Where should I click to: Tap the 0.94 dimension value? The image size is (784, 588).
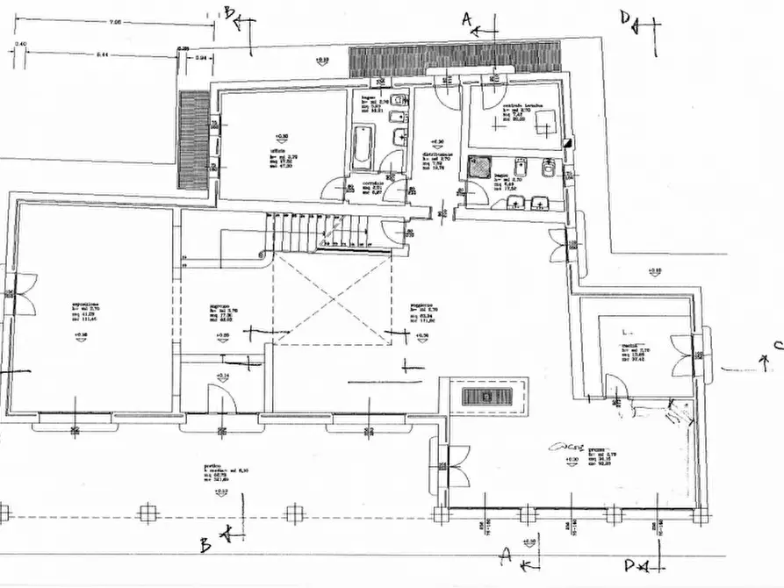point(202,58)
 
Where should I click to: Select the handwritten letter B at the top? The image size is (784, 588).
point(230,13)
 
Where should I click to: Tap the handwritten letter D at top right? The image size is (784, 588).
point(625,17)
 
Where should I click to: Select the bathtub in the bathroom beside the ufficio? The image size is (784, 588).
point(361,148)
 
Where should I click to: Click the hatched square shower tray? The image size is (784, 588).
point(480,166)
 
